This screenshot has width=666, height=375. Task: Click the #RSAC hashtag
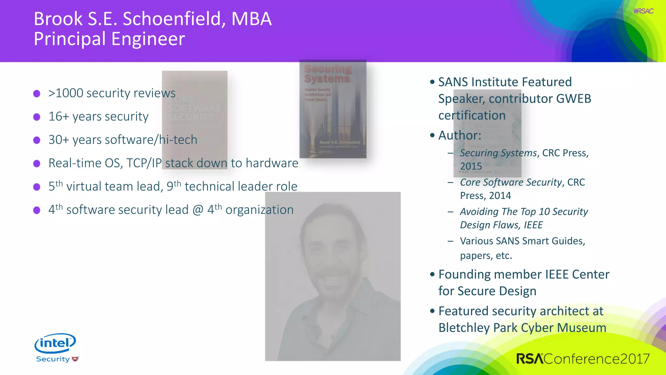(x=643, y=11)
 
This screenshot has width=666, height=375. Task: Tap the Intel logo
(x=55, y=343)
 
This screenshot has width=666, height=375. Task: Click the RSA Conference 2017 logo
(x=583, y=359)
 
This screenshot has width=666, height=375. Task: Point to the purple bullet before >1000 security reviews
(x=37, y=94)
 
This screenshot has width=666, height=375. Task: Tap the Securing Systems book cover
(x=333, y=109)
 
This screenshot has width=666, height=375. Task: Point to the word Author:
(x=460, y=135)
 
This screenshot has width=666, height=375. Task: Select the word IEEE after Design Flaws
(x=533, y=225)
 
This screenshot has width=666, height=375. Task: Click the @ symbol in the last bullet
(x=198, y=210)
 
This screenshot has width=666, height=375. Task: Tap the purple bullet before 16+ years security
(x=37, y=117)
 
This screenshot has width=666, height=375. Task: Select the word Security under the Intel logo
(x=53, y=359)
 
